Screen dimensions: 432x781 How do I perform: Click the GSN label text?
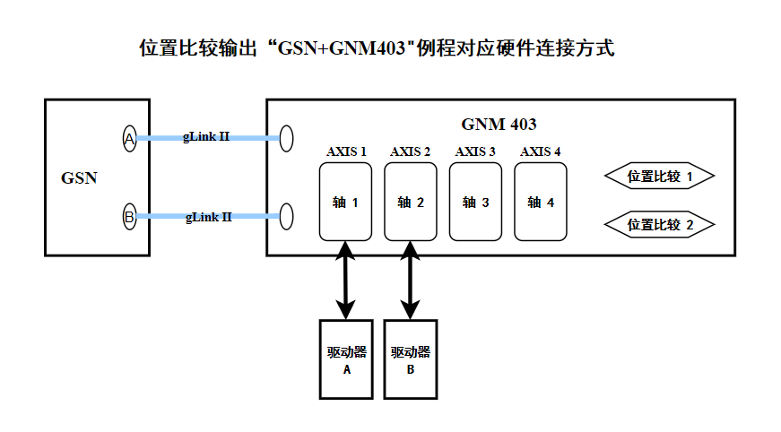(79, 177)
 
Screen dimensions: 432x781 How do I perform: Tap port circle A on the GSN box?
(130, 138)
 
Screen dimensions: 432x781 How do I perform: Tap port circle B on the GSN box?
(130, 216)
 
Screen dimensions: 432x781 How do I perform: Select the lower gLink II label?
(208, 216)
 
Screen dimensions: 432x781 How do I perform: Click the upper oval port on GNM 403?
(287, 138)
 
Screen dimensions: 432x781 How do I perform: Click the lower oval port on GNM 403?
(287, 216)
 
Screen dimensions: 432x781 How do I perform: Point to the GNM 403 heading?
(499, 125)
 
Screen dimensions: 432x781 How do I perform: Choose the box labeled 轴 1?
(345, 202)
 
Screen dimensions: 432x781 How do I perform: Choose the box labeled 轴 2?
(411, 202)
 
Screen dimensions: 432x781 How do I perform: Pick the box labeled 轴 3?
(475, 202)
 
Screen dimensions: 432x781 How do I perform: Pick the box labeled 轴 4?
(541, 202)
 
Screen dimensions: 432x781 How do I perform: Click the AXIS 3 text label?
(475, 151)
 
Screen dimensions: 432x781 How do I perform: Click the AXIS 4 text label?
(541, 151)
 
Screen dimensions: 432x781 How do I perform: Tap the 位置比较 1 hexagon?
(660, 177)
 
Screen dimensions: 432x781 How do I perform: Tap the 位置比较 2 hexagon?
(660, 224)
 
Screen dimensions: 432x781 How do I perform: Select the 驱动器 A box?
(346, 359)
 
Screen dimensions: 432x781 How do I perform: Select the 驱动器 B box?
(411, 359)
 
